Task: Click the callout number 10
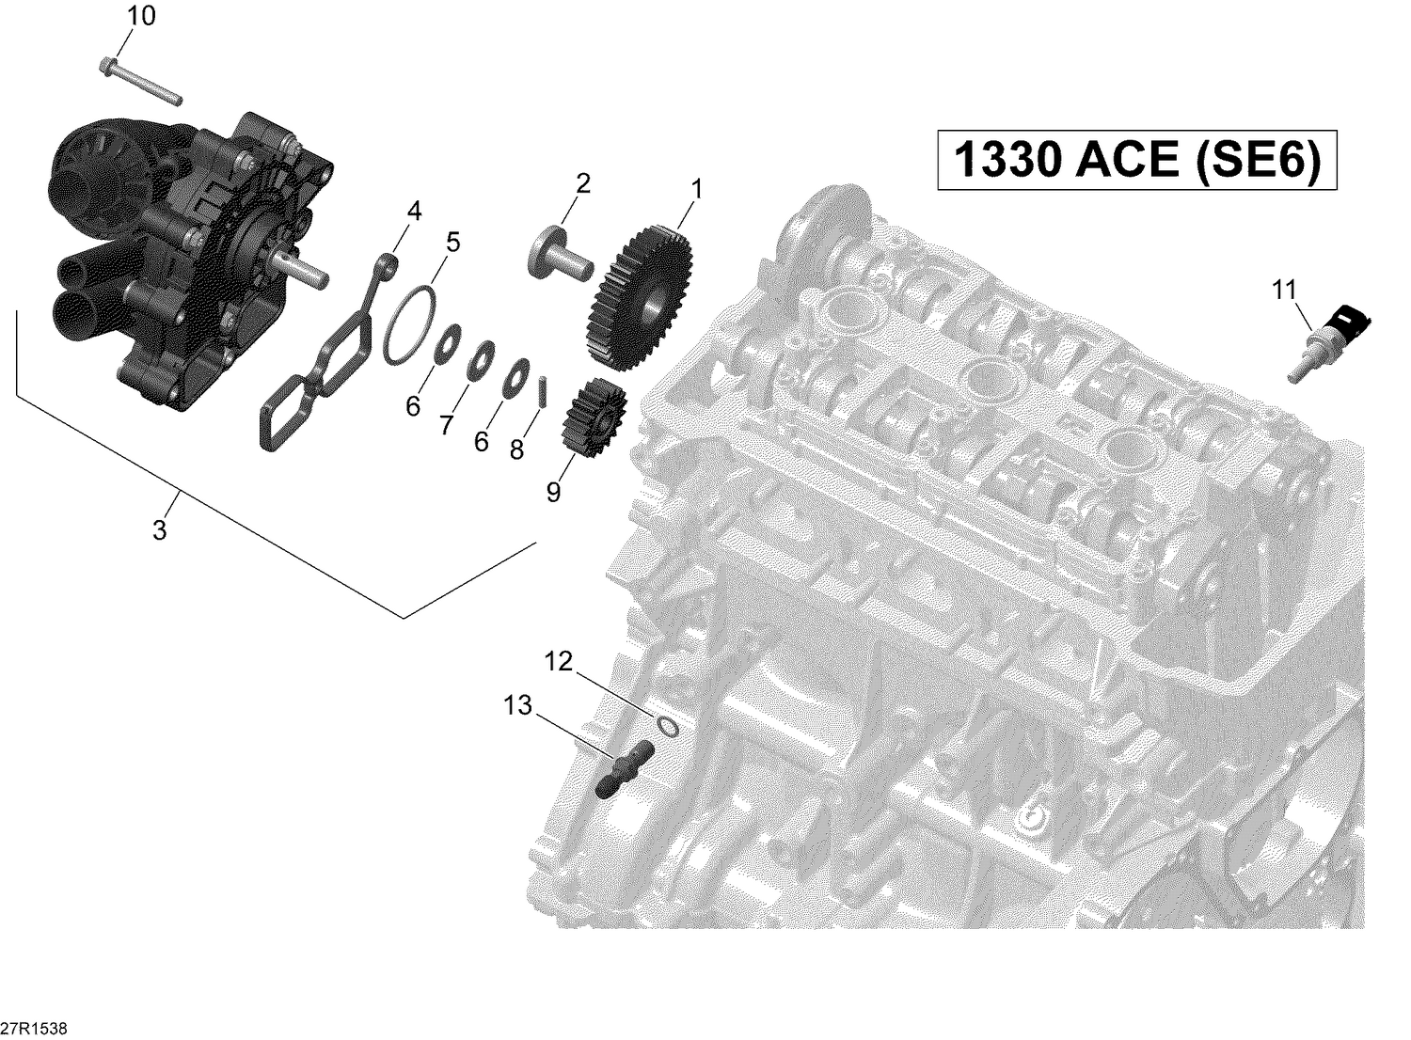[x=142, y=16]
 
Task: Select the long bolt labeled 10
[x=139, y=82]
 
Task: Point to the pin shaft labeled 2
[x=561, y=255]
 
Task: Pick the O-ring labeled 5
[x=410, y=324]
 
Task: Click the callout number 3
[x=160, y=530]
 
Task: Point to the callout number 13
[x=516, y=705]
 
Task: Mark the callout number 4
[x=414, y=212]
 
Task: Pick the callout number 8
[x=516, y=450]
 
